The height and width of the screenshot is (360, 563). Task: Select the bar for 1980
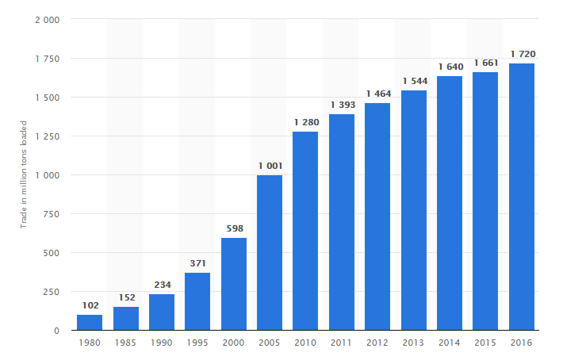coord(90,322)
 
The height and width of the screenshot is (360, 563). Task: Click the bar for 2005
coord(270,253)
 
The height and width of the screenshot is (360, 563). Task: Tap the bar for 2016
coord(521,197)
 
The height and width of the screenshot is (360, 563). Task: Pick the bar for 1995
coord(197,301)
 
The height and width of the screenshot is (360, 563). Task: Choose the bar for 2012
coord(377,216)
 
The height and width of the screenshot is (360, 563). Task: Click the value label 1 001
coord(270,166)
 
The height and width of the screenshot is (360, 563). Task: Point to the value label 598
coord(235,228)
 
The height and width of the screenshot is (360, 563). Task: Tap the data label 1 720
coord(523,54)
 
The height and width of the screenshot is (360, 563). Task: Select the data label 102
coord(90,305)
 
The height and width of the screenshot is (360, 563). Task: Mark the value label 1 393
coord(343,105)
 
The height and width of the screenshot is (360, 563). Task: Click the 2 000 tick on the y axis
coord(48,20)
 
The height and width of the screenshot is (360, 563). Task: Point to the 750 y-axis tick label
coord(52,214)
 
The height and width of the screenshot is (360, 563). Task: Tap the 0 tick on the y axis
coord(57,331)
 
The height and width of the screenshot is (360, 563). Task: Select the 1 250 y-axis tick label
coord(48,136)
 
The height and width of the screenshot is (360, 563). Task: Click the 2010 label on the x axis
coord(305,343)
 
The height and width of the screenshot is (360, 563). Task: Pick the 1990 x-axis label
coord(161,343)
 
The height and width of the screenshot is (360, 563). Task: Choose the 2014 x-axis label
coord(449,343)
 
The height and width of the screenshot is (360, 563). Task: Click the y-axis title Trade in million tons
coord(24,187)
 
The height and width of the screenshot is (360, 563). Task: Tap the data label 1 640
coord(451,67)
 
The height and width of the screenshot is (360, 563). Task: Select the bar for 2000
coord(234,284)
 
